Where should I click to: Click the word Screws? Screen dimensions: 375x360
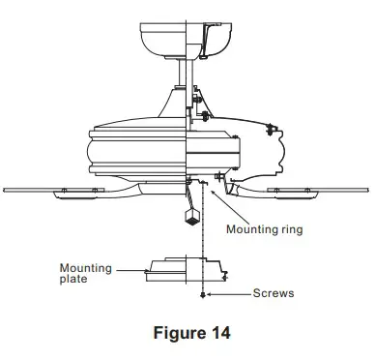click(x=274, y=293)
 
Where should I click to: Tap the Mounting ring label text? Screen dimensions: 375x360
click(x=265, y=229)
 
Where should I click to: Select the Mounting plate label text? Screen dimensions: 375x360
click(x=86, y=273)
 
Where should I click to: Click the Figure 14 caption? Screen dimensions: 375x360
click(x=192, y=333)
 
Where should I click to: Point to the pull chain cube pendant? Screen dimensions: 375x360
click(x=191, y=217)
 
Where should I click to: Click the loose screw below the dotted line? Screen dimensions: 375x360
click(x=203, y=295)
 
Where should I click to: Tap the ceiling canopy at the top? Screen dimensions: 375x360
click(x=186, y=41)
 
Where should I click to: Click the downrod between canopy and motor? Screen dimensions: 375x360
click(x=186, y=73)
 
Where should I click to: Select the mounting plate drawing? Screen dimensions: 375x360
click(x=187, y=270)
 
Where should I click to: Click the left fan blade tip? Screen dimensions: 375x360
click(x=5, y=191)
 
